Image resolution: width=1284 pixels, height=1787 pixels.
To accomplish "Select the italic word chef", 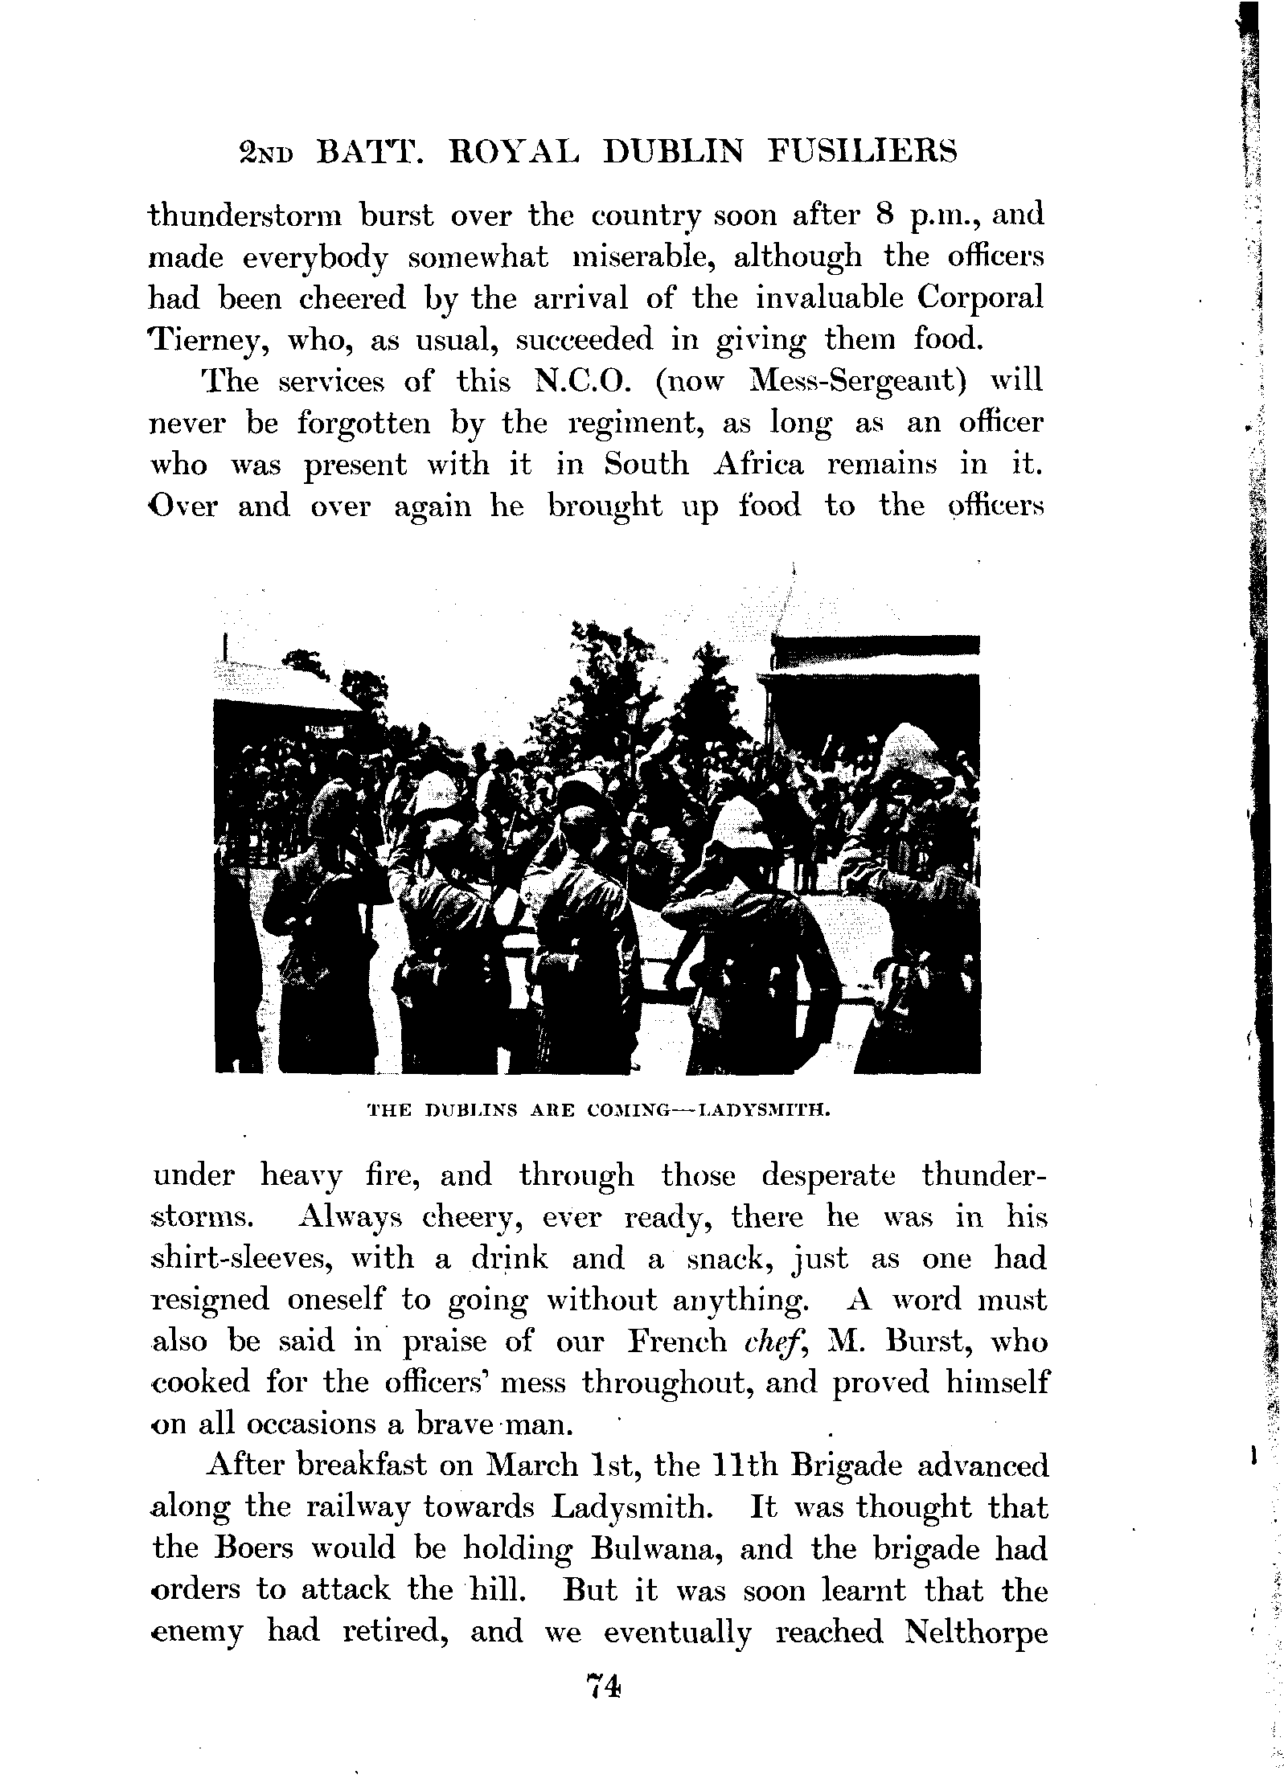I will coord(753,1342).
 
